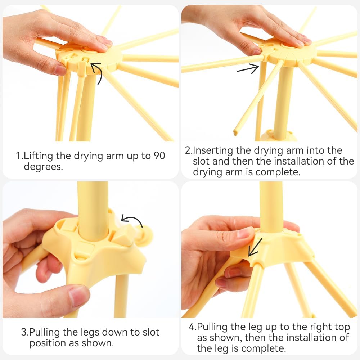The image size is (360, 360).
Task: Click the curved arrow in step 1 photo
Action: [100, 71]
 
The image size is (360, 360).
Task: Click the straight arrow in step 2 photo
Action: [248, 69]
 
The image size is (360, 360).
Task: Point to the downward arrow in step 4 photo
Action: [255, 247]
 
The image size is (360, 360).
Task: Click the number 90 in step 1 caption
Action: [159, 156]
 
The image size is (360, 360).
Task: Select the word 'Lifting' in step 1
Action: [39, 156]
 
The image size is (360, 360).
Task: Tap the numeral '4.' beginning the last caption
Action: [192, 327]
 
